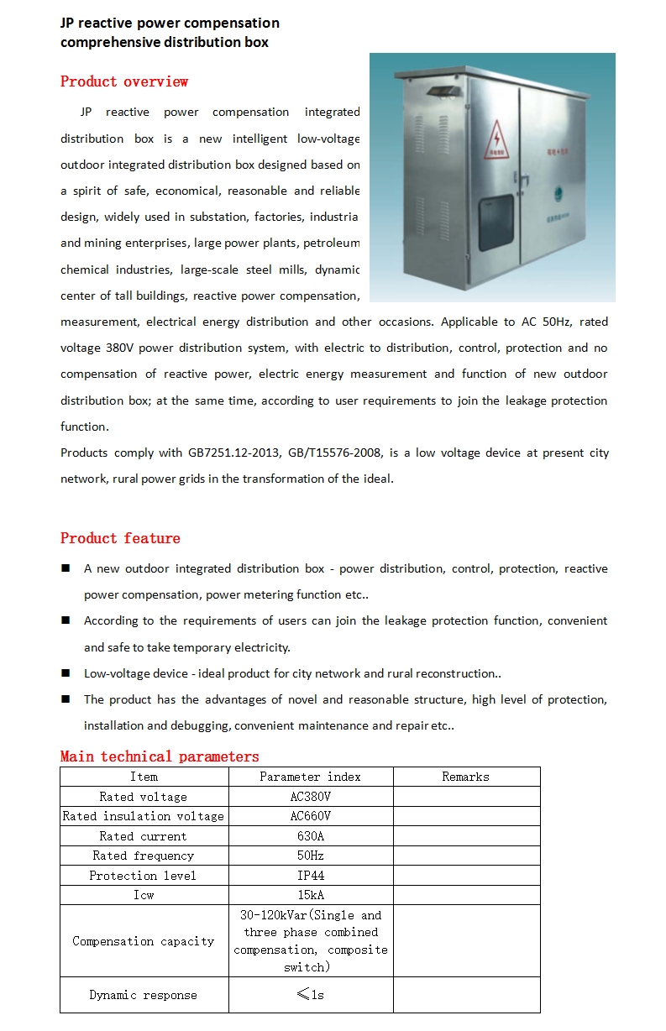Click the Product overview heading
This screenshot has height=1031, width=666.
pyautogui.click(x=124, y=81)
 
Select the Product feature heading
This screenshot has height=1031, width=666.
pyautogui.click(x=120, y=538)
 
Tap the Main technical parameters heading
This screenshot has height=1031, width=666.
pyautogui.click(x=160, y=756)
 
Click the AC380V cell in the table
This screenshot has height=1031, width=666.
pyautogui.click(x=310, y=797)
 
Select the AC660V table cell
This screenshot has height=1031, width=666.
pyautogui.click(x=310, y=816)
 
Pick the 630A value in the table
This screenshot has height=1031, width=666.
pyautogui.click(x=310, y=836)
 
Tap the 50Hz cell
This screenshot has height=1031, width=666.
pyautogui.click(x=310, y=856)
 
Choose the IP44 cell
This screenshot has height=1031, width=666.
pyautogui.click(x=310, y=876)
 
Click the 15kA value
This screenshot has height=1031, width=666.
pyautogui.click(x=310, y=895)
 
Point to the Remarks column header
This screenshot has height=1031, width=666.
pyautogui.click(x=465, y=777)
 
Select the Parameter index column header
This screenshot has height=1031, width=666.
pyautogui.click(x=310, y=777)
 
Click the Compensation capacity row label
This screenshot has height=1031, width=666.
pyautogui.click(x=144, y=941)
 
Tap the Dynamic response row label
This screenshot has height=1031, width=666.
pyautogui.click(x=144, y=995)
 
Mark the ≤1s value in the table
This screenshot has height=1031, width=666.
pyautogui.click(x=310, y=995)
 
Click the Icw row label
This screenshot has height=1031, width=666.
pyautogui.click(x=144, y=895)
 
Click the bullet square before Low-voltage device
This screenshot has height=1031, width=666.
pyautogui.click(x=66, y=673)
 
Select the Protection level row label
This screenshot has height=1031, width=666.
pyautogui.click(x=144, y=876)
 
